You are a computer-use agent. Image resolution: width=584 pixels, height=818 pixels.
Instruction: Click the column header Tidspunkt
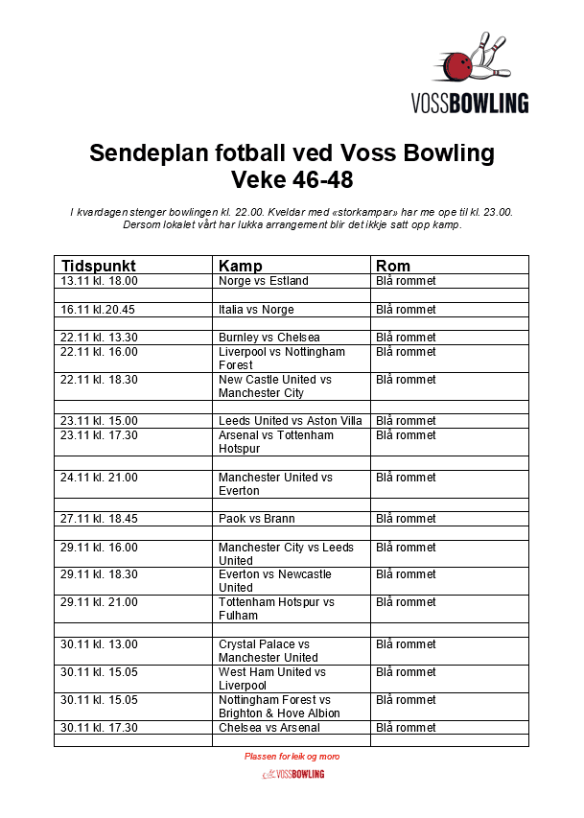tap(99, 266)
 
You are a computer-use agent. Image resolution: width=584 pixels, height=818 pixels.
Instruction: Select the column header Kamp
tap(240, 266)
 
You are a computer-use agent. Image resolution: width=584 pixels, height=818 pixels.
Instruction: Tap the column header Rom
tap(393, 266)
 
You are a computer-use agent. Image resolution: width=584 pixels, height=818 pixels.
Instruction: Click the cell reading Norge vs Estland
tap(264, 281)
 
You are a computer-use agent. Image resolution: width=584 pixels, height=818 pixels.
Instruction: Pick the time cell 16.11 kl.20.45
tap(98, 310)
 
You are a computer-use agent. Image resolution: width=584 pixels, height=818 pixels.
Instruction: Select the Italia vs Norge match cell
tap(256, 310)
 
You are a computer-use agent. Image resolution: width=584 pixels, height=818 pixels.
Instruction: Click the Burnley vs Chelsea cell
tap(269, 338)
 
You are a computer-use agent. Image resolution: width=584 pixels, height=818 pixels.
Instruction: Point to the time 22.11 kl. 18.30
tap(100, 380)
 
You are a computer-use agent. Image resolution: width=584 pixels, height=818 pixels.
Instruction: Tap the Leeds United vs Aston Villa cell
tap(290, 421)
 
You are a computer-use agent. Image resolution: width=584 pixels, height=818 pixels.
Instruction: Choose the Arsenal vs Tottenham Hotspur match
tap(276, 441)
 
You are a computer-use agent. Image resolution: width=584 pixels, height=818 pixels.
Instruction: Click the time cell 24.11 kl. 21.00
tap(100, 478)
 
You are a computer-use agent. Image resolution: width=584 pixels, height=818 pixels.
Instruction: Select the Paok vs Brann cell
tap(257, 519)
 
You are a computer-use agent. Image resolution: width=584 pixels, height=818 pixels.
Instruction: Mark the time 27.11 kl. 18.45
tap(100, 519)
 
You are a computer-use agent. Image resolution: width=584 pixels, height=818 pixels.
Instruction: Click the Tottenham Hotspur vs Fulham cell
tap(276, 609)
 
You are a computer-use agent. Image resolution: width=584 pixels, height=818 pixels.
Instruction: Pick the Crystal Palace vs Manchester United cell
tap(269, 651)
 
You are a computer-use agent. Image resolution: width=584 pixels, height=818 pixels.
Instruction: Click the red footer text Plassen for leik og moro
tap(292, 757)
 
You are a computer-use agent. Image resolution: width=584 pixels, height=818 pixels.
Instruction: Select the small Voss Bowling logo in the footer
tap(292, 774)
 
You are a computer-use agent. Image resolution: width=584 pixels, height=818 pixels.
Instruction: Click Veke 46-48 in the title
tap(292, 178)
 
